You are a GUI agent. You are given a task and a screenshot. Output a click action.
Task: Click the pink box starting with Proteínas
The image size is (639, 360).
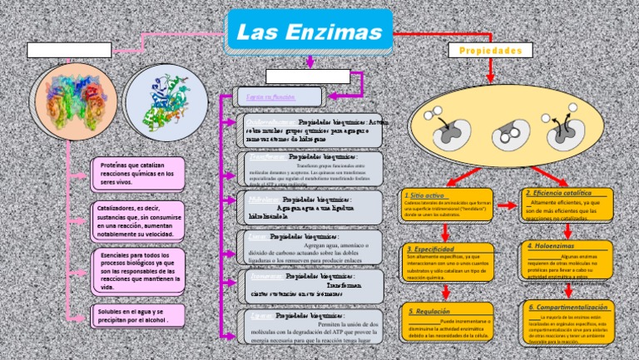click(x=137, y=173)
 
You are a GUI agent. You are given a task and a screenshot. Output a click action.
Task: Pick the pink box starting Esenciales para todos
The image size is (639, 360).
click(x=138, y=270)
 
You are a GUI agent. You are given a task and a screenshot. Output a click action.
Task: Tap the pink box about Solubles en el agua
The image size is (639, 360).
click(x=138, y=316)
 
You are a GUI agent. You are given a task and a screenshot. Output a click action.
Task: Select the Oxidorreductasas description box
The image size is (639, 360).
click(x=313, y=130)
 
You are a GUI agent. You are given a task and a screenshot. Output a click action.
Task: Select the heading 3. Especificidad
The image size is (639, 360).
click(x=430, y=249)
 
